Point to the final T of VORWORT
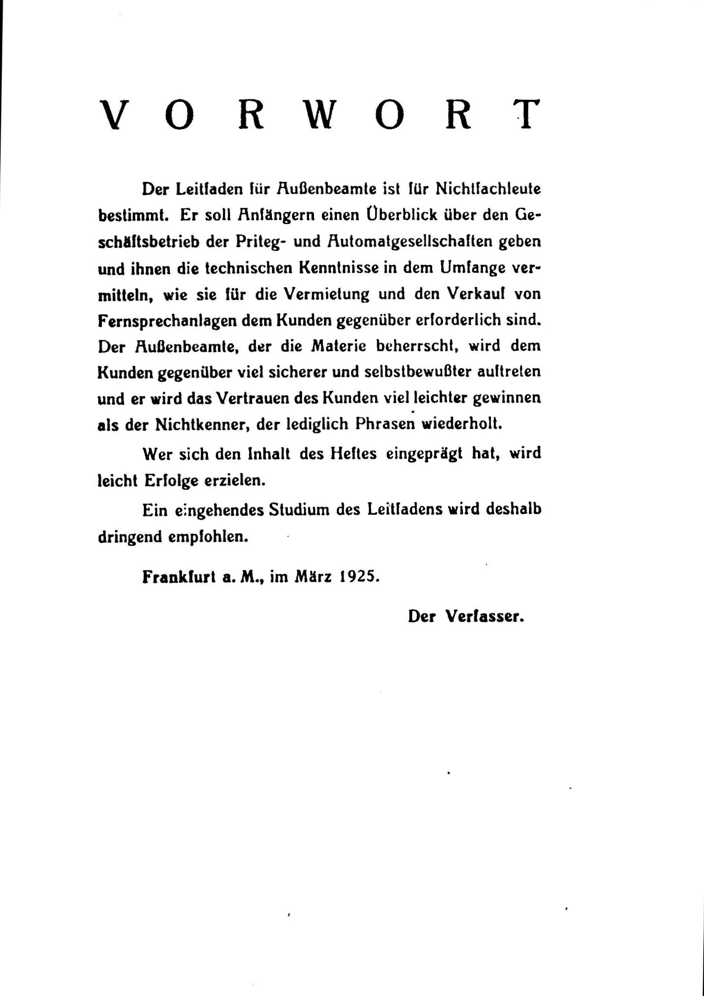click(526, 115)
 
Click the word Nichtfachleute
click(488, 189)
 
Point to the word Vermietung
click(327, 294)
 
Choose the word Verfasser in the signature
click(485, 616)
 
